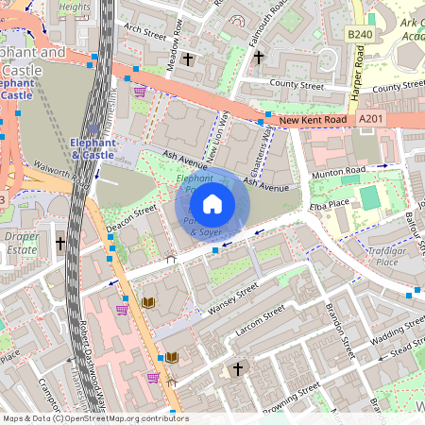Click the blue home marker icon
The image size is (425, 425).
(212, 203)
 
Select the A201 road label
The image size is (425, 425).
(371, 119)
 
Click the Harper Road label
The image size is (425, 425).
(358, 77)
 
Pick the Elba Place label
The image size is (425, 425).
(329, 201)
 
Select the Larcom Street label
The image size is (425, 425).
(260, 320)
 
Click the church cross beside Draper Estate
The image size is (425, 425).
(60, 243)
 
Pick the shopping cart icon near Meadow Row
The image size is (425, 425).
(139, 92)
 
